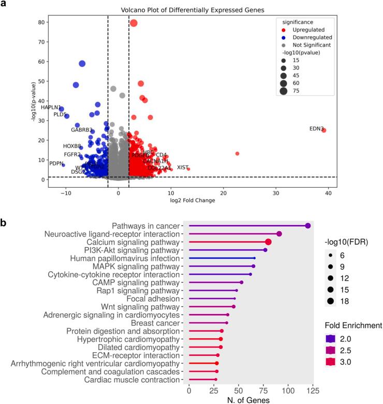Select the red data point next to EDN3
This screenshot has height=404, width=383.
pyautogui.click(x=324, y=130)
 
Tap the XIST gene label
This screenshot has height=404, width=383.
pyautogui.click(x=183, y=167)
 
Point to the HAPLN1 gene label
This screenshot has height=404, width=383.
pyautogui.click(x=51, y=107)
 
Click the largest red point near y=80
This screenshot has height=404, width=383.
pyautogui.click(x=134, y=23)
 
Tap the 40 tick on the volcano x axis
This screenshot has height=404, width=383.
pyautogui.click(x=329, y=192)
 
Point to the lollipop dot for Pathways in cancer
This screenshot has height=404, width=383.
pyautogui.click(x=308, y=226)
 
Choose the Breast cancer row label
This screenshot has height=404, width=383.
pyautogui.click(x=154, y=323)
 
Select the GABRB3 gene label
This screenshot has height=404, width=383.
pyautogui.click(x=82, y=130)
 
